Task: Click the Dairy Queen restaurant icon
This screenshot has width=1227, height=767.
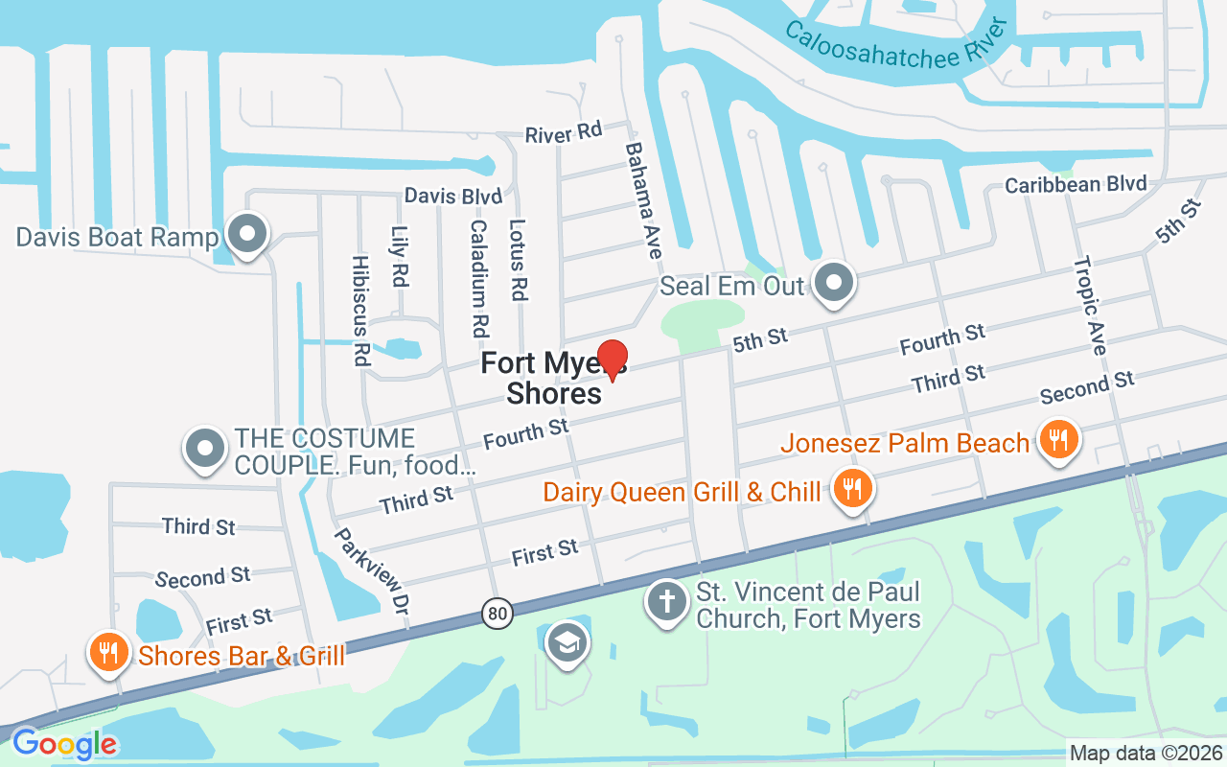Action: point(849,489)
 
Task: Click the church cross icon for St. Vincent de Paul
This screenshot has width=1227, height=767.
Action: point(667,602)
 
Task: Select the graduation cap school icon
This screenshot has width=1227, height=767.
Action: point(567,642)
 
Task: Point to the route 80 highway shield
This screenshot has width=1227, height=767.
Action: point(497,614)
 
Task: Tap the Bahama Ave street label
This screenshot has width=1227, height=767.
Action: point(644,200)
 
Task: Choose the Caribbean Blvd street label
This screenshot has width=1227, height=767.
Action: point(1075,183)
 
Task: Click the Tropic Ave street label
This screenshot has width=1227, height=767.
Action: point(1090,305)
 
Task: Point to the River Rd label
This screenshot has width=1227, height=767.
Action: point(564,133)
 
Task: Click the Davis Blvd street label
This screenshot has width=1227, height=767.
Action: point(452,196)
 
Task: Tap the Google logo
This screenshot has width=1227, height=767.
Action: point(64,744)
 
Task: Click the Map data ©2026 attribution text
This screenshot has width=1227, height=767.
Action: point(1146,754)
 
